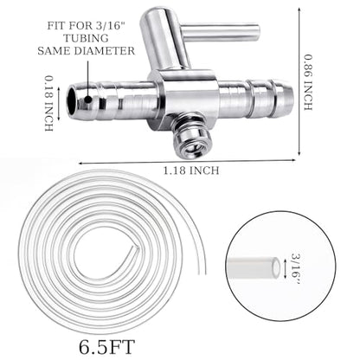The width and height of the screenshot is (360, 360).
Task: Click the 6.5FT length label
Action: (x=107, y=347)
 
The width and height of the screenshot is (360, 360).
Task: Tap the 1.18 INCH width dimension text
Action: (x=191, y=170)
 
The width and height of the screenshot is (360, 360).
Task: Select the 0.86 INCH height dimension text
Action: (x=307, y=82)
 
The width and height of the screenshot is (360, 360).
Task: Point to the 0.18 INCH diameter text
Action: (x=48, y=104)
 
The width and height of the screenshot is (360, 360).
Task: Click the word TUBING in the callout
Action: (x=86, y=38)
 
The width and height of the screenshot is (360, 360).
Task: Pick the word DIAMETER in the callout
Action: (x=105, y=51)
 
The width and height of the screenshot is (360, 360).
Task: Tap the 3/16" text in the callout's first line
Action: (x=111, y=26)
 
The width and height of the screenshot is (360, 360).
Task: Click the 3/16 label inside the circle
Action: (x=296, y=266)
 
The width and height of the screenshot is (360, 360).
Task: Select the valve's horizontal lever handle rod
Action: (x=221, y=32)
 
